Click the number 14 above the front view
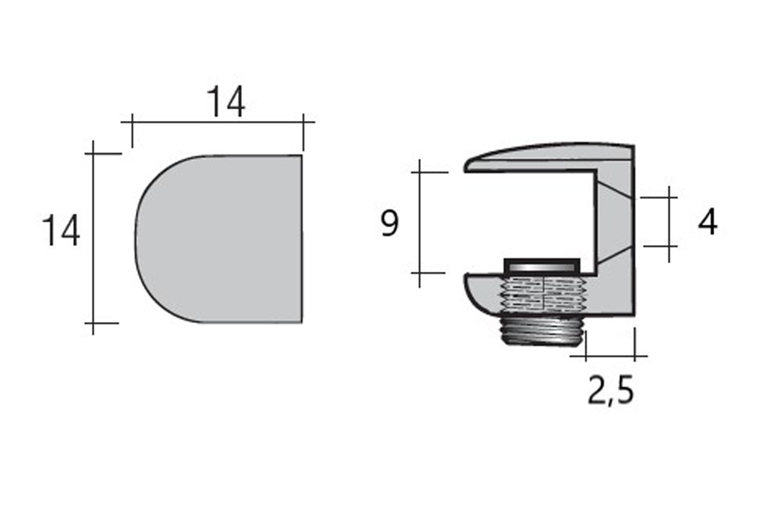click(226, 102)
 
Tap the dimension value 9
click(389, 223)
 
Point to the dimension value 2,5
click(610, 390)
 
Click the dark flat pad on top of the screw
click(542, 265)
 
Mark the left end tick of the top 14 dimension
click(132, 121)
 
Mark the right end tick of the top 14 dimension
click(303, 121)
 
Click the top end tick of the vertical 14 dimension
click(93, 154)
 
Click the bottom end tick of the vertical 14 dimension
click(93, 324)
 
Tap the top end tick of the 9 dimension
click(420, 173)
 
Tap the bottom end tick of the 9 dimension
click(420, 273)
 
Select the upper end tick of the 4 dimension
click(669, 198)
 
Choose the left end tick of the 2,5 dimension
click(586, 357)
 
